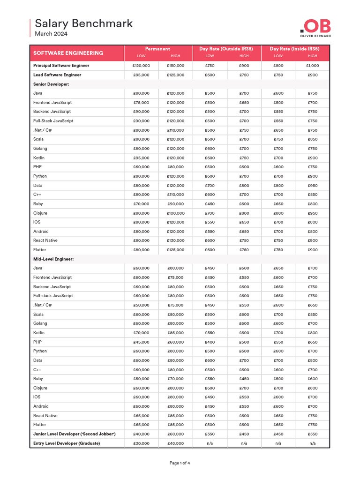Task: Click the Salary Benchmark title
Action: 84,23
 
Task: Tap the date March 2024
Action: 51,34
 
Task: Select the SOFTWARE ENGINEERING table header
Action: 68,53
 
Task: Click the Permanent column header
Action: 157,49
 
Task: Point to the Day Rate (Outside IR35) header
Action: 227,49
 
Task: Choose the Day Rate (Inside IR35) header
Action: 295,49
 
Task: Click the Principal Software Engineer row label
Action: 61,66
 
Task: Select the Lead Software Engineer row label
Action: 57,75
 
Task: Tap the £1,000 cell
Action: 313,66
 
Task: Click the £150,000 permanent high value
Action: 175,66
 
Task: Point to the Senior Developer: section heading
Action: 51,84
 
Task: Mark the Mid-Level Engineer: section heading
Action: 53,259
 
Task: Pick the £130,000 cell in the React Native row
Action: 175,240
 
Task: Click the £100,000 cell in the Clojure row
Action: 175,213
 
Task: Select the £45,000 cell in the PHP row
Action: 141,342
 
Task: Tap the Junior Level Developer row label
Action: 74,434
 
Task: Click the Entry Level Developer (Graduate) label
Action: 67,443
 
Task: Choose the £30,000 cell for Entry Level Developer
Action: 141,443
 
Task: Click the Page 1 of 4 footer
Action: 180,463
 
